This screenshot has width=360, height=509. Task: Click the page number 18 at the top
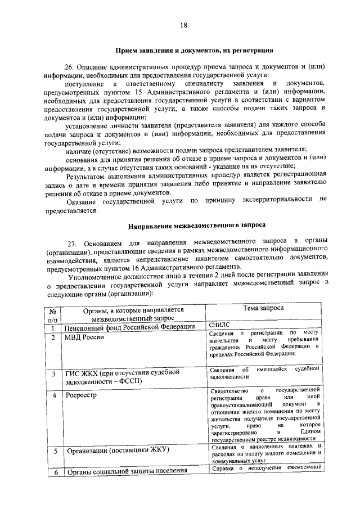click(x=183, y=25)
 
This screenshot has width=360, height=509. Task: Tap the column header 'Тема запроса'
click(x=263, y=309)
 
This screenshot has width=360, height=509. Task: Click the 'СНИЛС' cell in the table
click(x=219, y=325)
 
